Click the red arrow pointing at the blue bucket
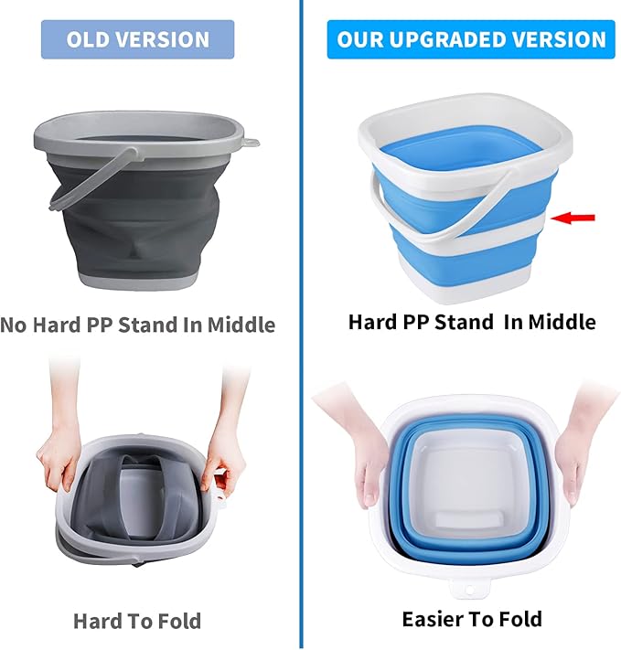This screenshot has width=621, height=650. click(x=575, y=217)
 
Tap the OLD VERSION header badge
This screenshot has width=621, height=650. click(x=137, y=40)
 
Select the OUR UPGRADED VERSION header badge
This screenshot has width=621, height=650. click(x=471, y=40)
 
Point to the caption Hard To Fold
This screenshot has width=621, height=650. click(x=136, y=621)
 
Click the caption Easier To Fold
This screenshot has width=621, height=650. click(x=471, y=619)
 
